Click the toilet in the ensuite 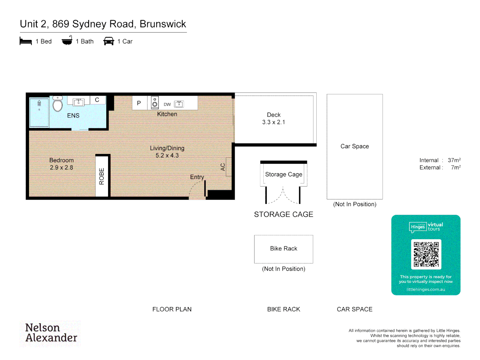point(58,105)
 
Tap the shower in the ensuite point(39,112)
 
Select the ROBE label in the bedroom point(102,176)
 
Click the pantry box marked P point(139,103)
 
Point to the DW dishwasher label point(167,104)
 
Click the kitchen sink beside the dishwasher point(179,104)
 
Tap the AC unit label point(223,167)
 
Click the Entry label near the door point(197,177)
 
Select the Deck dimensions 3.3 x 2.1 point(273,122)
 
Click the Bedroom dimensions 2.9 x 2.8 point(61,168)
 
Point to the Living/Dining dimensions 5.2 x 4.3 point(167,156)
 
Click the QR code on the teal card point(426,254)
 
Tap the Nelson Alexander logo point(51,333)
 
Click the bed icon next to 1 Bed point(26,41)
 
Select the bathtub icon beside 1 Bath point(67,41)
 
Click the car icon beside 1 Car point(109,41)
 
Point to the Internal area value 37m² point(454,160)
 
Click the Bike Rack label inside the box point(283,249)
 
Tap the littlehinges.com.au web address point(426,290)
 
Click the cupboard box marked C point(97,100)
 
